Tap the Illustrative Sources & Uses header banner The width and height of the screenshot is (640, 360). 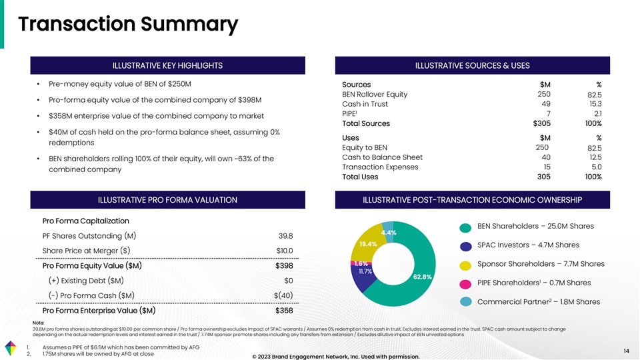coord(472,65)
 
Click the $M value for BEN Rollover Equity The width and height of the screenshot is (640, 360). coord(543,94)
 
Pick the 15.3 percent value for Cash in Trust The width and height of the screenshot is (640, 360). coord(595,104)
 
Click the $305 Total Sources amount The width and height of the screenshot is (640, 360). coord(542,124)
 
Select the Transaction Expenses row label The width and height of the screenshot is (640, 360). coord(379,167)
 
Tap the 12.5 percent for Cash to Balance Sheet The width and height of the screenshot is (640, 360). coord(595,157)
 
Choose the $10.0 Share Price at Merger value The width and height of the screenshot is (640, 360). coord(285,251)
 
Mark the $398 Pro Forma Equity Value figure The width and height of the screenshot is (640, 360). coord(285,267)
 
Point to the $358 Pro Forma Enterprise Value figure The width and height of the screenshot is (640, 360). coord(285,311)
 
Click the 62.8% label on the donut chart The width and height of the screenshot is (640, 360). coord(423,276)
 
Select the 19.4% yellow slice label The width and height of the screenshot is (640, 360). coord(369,244)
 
